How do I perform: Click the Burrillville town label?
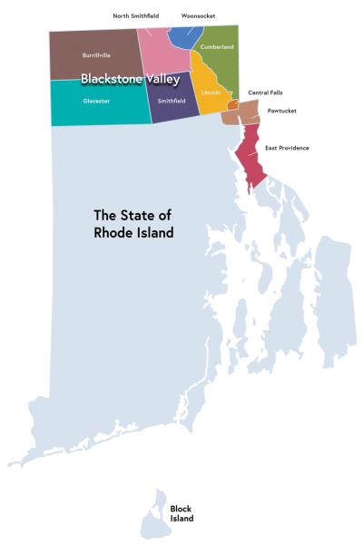(x=96, y=54)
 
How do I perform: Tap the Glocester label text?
(x=96, y=101)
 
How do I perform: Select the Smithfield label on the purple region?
(x=172, y=101)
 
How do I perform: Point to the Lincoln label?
(x=211, y=92)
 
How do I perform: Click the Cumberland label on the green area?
(x=218, y=46)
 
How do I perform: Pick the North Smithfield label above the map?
(x=136, y=15)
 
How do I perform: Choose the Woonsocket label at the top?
(x=198, y=15)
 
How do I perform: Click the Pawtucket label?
(x=281, y=111)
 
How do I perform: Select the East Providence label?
(x=287, y=147)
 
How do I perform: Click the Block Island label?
(x=181, y=513)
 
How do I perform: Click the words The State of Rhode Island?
(x=133, y=224)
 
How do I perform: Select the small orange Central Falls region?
(x=232, y=105)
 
